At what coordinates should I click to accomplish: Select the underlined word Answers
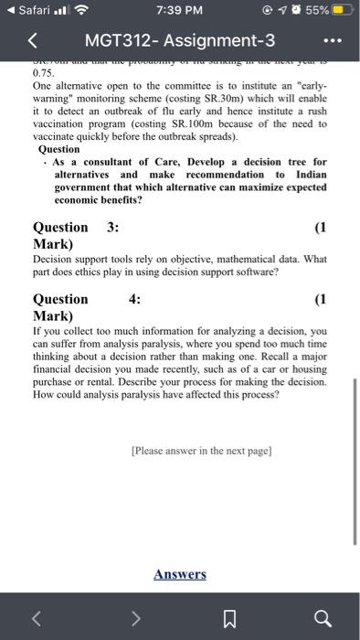[x=180, y=574]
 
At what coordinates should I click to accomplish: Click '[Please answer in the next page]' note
[x=202, y=451]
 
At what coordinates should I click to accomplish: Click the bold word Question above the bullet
[x=59, y=149]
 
